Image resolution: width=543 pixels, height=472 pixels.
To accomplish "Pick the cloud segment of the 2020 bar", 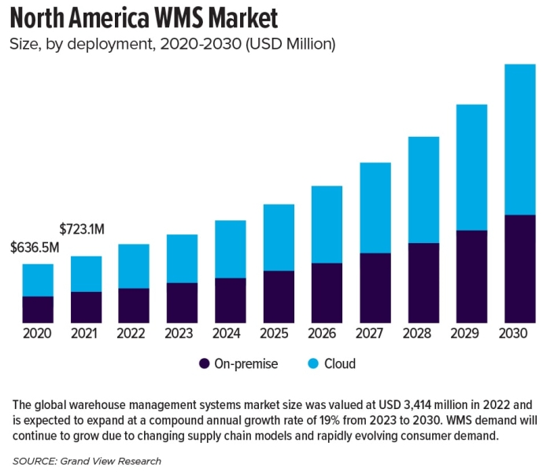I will coord(38,280).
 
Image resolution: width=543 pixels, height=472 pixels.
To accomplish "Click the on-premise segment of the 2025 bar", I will coord(279,297).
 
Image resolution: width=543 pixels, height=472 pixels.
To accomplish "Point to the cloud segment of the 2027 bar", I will coord(375,208).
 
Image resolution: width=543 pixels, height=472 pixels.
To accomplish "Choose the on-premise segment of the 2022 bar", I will coord(134,305).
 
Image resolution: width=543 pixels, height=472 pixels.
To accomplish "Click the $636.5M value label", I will coord(35,248).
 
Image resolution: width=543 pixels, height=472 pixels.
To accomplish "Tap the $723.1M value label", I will coord(83,229).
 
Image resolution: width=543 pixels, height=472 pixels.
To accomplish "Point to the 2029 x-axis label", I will coord(471,334).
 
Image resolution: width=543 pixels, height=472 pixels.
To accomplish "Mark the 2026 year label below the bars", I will coord(327,334).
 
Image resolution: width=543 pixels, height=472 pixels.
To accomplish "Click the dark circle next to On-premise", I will coord(205,364).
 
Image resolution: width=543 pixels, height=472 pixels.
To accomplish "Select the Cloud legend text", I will coord(340,364).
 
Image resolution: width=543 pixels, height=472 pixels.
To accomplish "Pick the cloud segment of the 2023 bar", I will coord(182,259).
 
